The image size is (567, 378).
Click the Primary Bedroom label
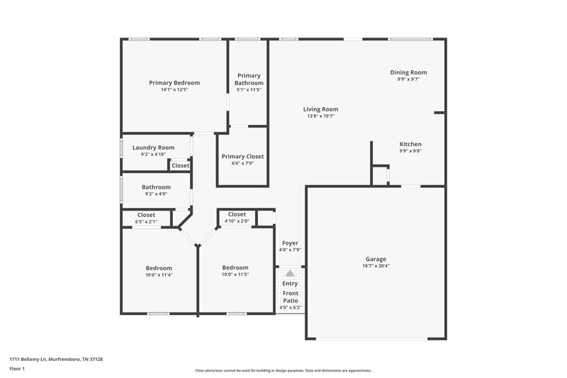[174, 83]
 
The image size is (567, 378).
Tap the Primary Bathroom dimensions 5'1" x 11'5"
[249, 90]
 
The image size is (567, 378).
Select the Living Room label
[320, 109]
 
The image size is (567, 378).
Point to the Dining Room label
[408, 72]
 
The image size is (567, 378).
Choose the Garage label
[376, 259]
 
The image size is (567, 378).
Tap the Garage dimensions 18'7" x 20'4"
[376, 266]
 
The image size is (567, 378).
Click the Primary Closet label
[242, 156]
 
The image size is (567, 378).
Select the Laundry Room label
[148, 148]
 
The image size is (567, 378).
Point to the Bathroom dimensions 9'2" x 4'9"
[156, 194]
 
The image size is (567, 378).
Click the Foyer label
[290, 243]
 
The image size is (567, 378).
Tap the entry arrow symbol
[289, 272]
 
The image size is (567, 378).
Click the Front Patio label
[291, 296]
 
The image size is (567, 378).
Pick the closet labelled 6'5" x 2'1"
[146, 221]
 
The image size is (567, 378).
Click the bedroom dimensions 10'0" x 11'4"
[159, 274]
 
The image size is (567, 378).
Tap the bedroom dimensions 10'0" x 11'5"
[235, 274]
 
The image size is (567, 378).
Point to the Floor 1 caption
[17, 369]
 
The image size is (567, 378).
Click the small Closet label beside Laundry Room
[180, 166]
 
